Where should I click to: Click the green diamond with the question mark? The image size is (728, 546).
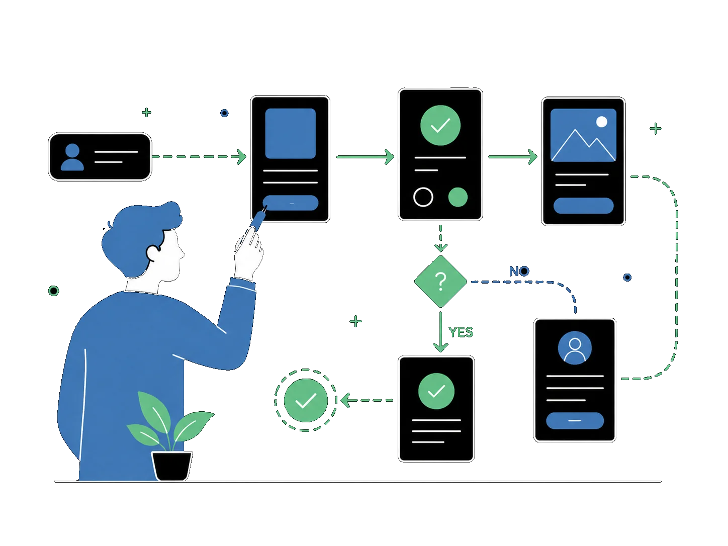point(440,282)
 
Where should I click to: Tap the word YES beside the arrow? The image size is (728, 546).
point(461,332)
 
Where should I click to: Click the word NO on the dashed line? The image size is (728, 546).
point(519,271)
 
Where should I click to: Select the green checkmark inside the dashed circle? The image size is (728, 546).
point(306,400)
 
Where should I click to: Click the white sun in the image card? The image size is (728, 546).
point(602,122)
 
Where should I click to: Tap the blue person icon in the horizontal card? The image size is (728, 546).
point(72,157)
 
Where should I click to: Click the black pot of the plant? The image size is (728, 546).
point(172,466)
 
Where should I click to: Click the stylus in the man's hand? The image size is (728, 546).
point(257,219)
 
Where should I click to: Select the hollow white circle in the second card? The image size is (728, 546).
point(423,197)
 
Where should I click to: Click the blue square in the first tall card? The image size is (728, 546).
point(290,134)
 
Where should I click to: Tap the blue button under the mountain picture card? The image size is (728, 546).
point(583,206)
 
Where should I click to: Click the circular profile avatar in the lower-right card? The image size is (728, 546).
point(575,348)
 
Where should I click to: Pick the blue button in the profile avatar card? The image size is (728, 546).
point(575,421)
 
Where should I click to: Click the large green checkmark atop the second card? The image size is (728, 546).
point(440,125)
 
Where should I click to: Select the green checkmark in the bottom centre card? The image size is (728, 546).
point(436,391)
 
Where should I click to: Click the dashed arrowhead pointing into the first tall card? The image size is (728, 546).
point(241,157)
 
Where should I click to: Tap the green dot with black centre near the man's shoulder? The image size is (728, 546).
point(54,291)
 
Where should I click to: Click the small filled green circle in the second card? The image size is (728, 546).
point(458,197)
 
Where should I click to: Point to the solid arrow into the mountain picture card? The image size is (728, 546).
point(513,157)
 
